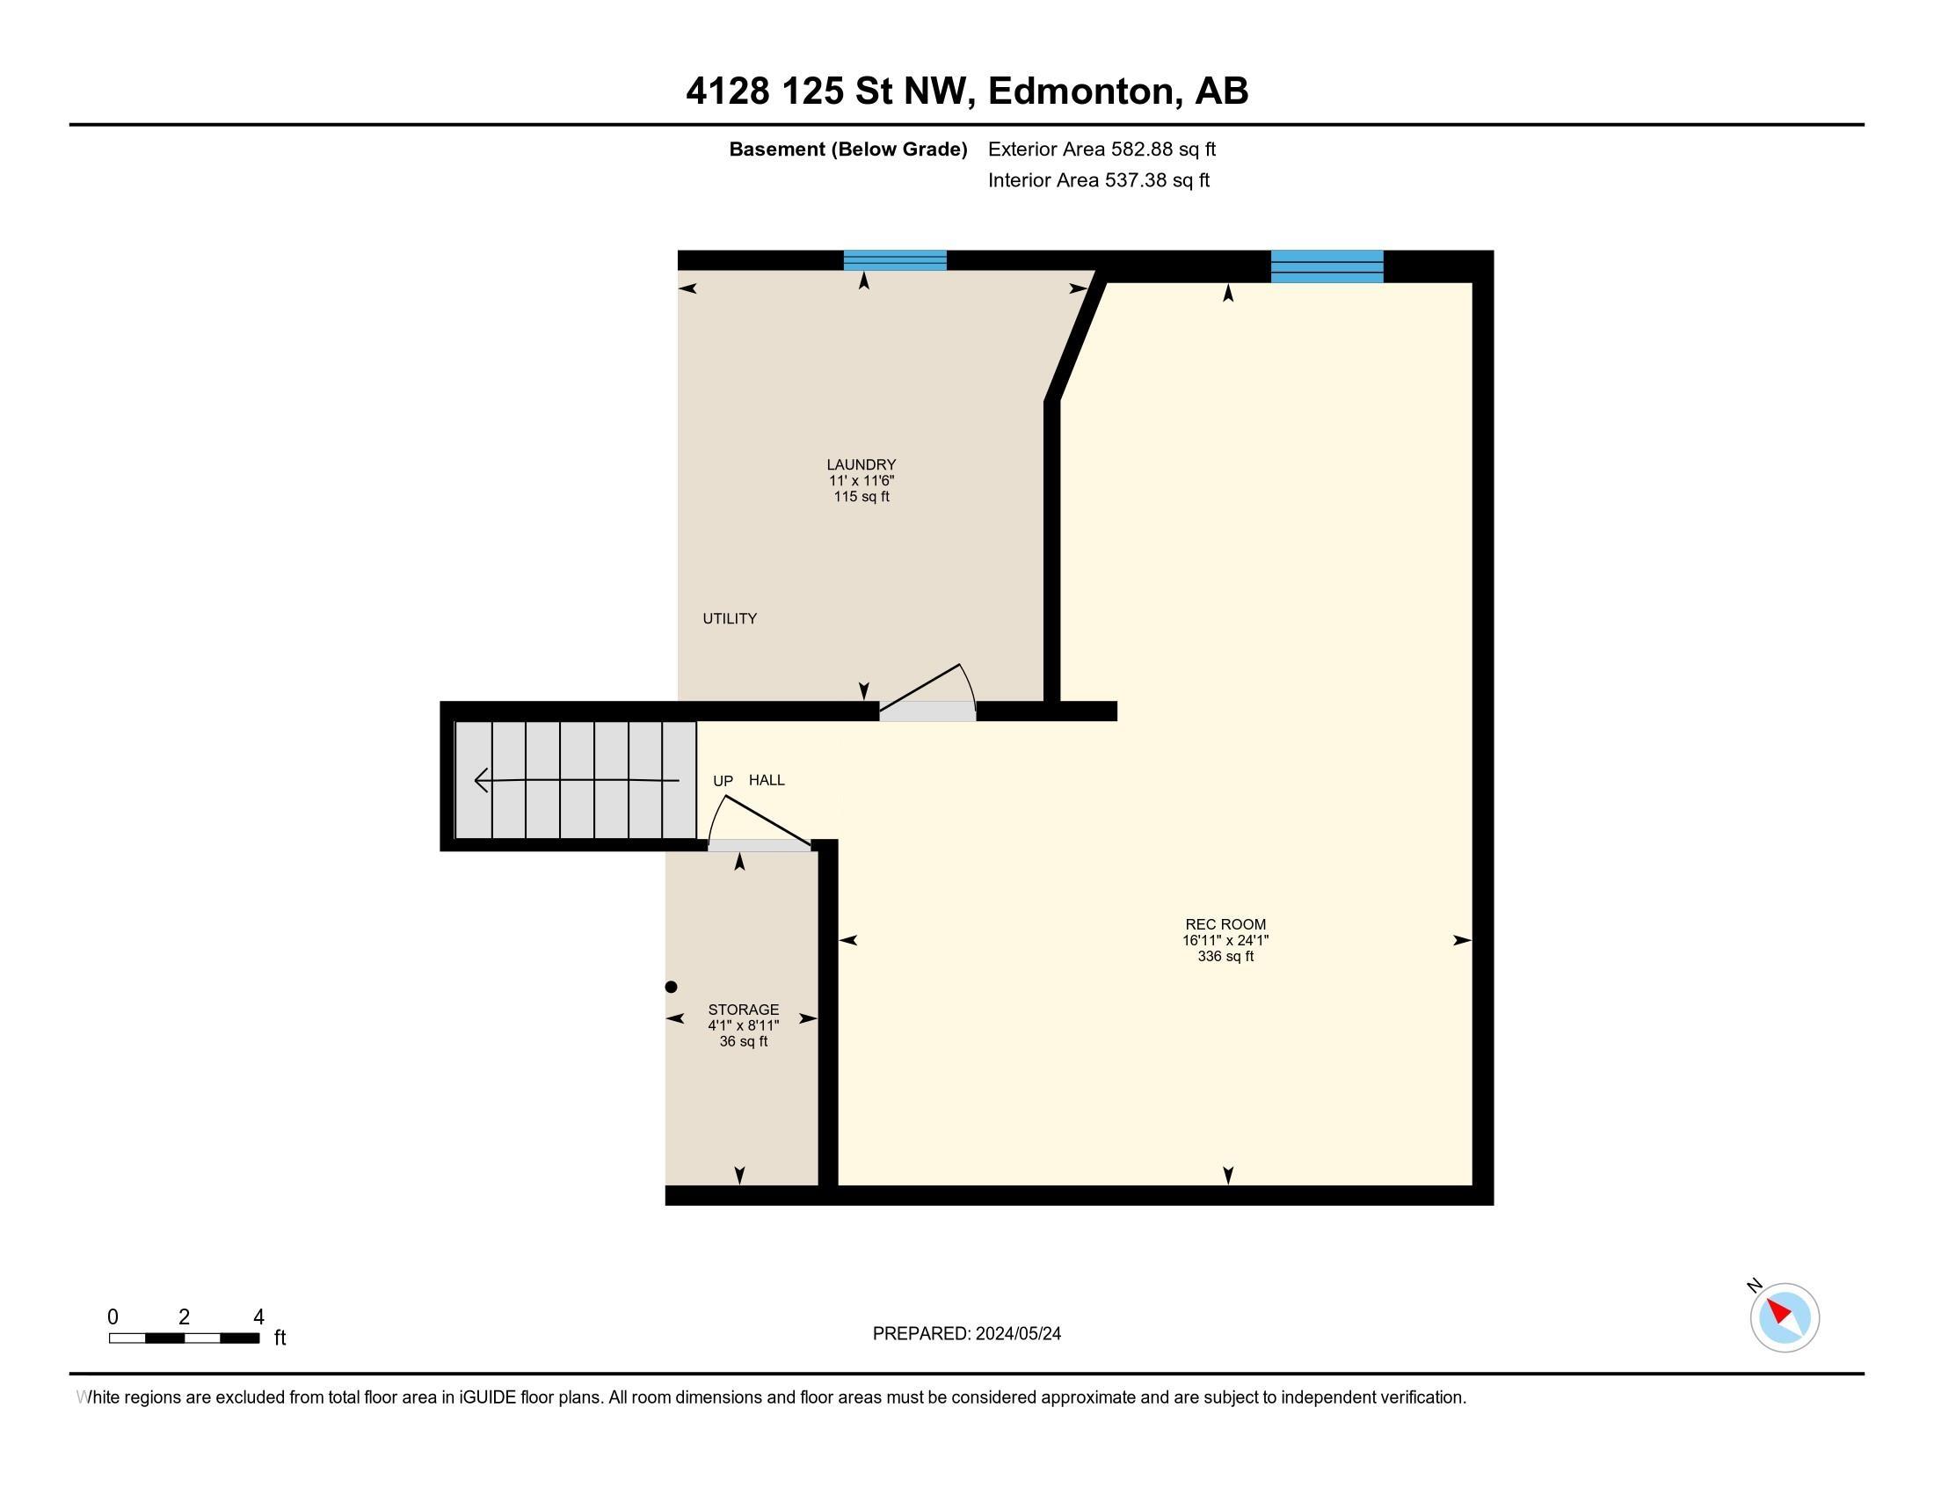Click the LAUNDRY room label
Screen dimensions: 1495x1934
[x=861, y=464]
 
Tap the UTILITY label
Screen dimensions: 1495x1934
[x=730, y=618]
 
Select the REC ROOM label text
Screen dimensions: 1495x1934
[x=1225, y=923]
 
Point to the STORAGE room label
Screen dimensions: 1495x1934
[x=743, y=1010]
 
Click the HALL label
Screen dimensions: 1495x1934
[x=767, y=780]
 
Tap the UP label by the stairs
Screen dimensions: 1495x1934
[x=723, y=781]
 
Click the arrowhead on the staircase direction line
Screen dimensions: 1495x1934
[x=482, y=780]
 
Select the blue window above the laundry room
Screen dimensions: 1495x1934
[x=894, y=260]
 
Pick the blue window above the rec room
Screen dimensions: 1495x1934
[x=1327, y=266]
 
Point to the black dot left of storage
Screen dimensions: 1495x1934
[x=672, y=987]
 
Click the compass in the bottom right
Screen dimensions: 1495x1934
[x=1784, y=1317]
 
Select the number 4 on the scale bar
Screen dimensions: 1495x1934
[x=258, y=1317]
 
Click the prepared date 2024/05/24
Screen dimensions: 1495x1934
[x=1017, y=1334]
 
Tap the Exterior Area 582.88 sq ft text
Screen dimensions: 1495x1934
[x=1102, y=149]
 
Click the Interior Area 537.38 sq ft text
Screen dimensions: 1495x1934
[x=1098, y=179]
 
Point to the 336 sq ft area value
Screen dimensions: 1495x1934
[x=1225, y=957]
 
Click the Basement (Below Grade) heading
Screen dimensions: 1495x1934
[x=847, y=149]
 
